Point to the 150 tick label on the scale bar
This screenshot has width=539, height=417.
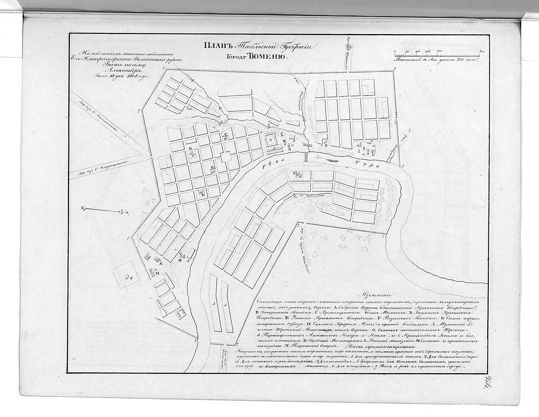[x=427, y=51]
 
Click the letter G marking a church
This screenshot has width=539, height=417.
[x=190, y=148]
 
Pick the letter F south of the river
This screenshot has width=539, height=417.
[x=295, y=173]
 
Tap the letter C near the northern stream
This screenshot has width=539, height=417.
[x=226, y=134]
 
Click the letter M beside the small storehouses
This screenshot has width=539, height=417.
[x=158, y=273]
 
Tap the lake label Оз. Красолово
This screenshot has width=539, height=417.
[x=312, y=195]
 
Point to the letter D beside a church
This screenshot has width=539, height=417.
[x=212, y=167]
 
